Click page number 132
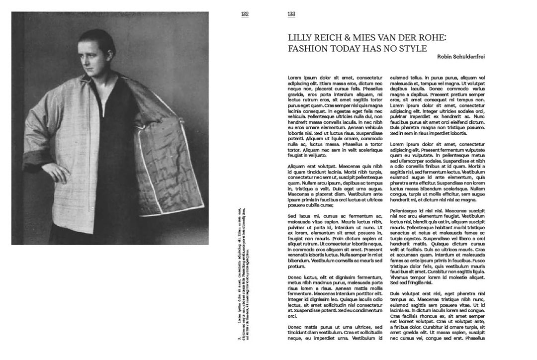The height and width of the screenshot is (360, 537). tap(245, 14)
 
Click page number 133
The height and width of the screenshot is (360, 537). tap(291, 14)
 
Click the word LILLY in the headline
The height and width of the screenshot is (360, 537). tap(300, 38)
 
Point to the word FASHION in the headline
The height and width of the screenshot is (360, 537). tap(310, 48)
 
